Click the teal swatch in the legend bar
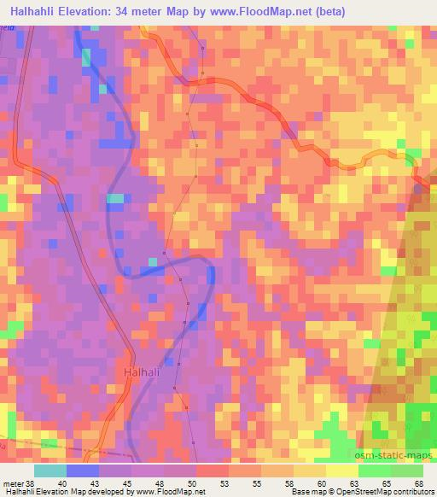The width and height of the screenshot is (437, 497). (x=50, y=471)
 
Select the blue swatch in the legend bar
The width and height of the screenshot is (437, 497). (x=83, y=471)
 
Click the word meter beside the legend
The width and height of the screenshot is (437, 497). (x=13, y=482)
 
